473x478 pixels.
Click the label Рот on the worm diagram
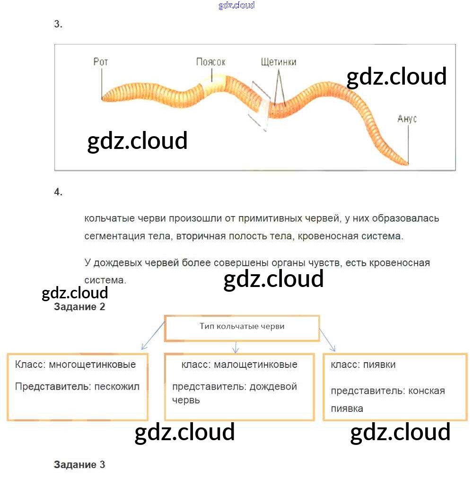point(100,62)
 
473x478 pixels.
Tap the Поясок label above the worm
point(210,62)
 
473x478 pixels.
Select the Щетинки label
point(279,62)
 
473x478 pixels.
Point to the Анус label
point(407,119)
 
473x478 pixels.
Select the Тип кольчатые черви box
point(242,327)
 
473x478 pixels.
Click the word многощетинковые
point(92,365)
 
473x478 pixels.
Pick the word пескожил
point(117,386)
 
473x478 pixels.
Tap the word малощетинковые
point(255,365)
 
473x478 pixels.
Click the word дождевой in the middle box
point(273,386)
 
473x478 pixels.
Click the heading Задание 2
point(79,307)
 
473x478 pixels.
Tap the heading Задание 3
point(79,465)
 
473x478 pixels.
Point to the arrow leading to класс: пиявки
point(327,340)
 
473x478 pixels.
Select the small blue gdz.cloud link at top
point(236,5)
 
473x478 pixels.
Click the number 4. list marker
point(58,192)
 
